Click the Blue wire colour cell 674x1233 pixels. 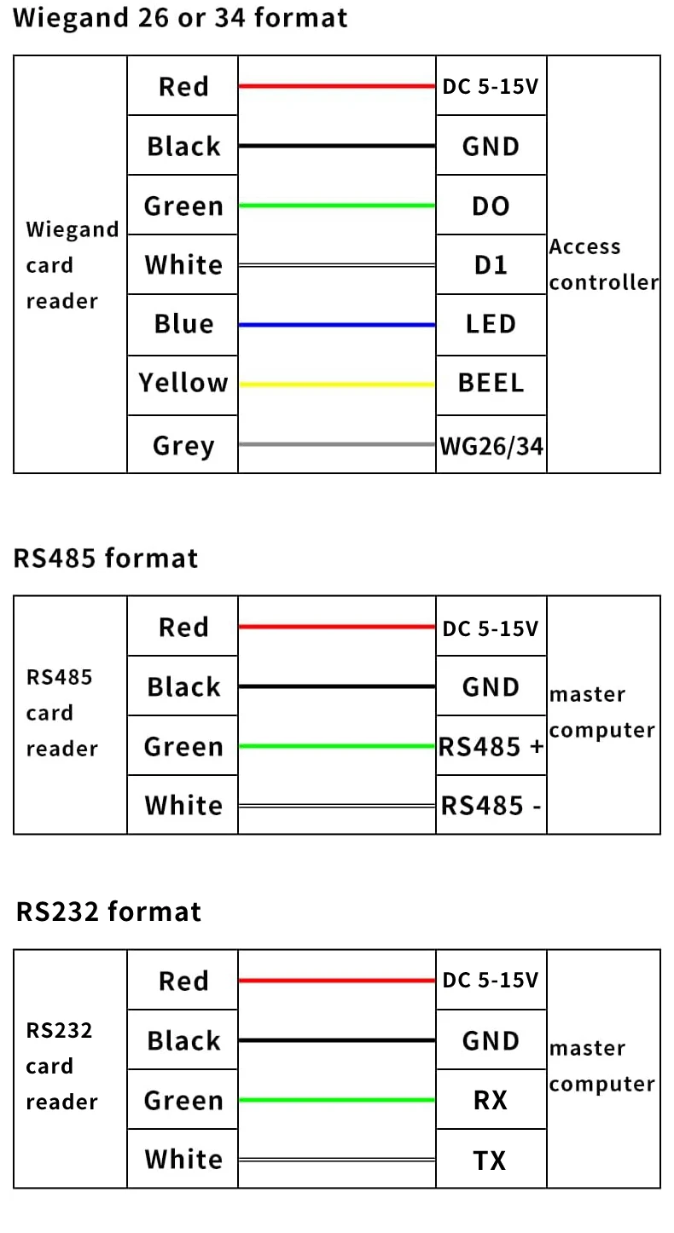183,324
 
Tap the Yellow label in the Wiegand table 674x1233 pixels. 183,383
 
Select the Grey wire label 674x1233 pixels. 183,445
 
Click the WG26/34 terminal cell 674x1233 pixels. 491,444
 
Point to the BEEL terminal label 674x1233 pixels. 491,383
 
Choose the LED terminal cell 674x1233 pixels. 491,324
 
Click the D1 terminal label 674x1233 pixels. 491,265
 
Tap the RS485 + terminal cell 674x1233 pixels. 491,746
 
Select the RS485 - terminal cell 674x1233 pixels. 491,805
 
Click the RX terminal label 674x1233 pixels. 490,1100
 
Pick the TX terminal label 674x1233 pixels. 489,1161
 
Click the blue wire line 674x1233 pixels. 337,325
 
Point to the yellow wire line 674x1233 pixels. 337,385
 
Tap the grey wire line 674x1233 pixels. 337,444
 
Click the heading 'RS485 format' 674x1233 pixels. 105,559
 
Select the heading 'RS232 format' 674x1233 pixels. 108,912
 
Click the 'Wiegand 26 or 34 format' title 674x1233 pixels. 180,18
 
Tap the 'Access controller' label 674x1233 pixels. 603,264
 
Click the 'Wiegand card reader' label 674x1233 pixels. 73,265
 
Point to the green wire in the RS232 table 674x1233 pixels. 337,1100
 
